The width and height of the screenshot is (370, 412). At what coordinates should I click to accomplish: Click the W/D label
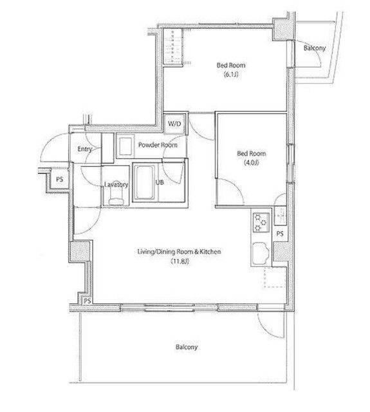tap(174, 124)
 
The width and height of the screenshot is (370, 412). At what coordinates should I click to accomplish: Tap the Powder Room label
tap(158, 145)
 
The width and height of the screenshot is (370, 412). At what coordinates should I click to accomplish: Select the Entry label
tap(84, 149)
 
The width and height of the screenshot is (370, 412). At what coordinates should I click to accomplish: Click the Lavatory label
tap(116, 185)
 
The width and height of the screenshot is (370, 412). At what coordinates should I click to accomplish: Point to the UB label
tap(160, 182)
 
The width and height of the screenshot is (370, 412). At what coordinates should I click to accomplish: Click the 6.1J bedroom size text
tap(231, 75)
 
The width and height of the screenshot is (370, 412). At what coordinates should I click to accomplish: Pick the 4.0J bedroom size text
tap(252, 163)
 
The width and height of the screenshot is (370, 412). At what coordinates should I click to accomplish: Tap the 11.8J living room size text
tap(180, 261)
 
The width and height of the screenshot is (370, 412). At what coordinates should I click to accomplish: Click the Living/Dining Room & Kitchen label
tap(180, 252)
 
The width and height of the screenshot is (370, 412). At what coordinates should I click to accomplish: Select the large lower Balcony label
tap(187, 347)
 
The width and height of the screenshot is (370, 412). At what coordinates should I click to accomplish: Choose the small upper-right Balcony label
tap(314, 48)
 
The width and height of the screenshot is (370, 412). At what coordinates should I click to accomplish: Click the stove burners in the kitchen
tap(261, 222)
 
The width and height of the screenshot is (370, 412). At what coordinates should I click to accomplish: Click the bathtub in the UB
tap(145, 182)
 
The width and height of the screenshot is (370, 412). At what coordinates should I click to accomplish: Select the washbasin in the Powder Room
tap(125, 146)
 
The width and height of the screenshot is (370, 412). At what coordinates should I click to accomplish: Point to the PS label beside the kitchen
tap(280, 234)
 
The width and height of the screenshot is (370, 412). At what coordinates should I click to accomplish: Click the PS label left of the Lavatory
tap(60, 180)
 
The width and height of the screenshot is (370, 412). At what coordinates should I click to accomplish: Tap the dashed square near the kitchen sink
tap(275, 277)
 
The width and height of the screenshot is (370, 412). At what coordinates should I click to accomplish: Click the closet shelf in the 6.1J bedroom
tap(173, 46)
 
